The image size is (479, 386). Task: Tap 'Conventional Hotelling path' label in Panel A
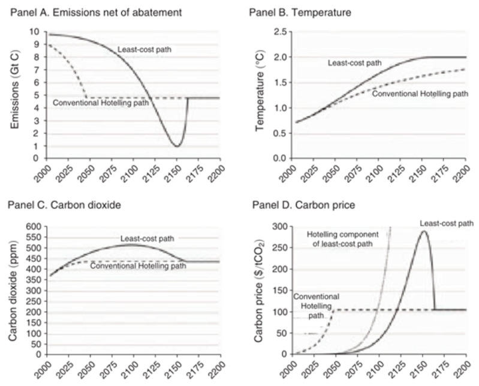pyautogui.click(x=101, y=103)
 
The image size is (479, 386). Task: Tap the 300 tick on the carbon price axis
pyautogui.click(x=275, y=227)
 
